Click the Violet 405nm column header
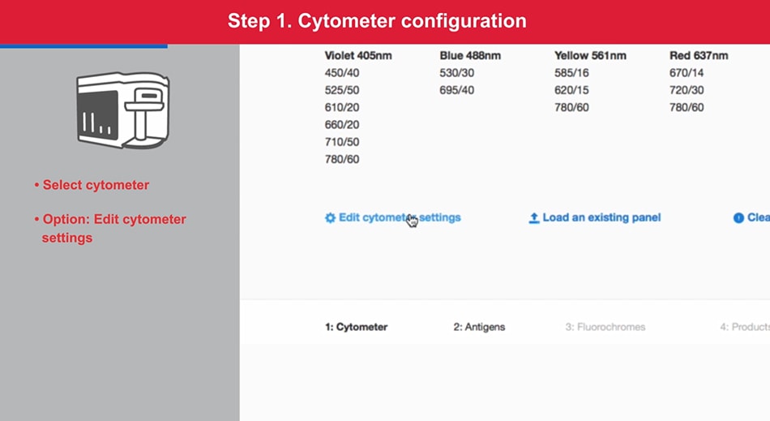[x=358, y=56]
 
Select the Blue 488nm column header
[x=470, y=56]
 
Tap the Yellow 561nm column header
[x=590, y=56]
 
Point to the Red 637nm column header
[x=699, y=56]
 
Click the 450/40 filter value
[x=341, y=73]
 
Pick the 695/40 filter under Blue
[x=456, y=90]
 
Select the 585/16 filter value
[x=571, y=73]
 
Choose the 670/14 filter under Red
[x=687, y=73]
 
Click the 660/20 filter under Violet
[x=341, y=125]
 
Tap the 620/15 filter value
[x=571, y=90]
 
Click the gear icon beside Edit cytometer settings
[x=330, y=218]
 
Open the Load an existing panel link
[x=601, y=217]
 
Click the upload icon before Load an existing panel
[x=534, y=218]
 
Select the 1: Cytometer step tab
[x=356, y=327]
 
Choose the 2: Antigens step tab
[x=479, y=327]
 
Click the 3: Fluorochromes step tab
[x=605, y=327]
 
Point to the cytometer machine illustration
[x=122, y=111]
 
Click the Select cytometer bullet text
[x=96, y=185]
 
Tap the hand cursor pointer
[x=413, y=221]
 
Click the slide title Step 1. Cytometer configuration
[x=377, y=21]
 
